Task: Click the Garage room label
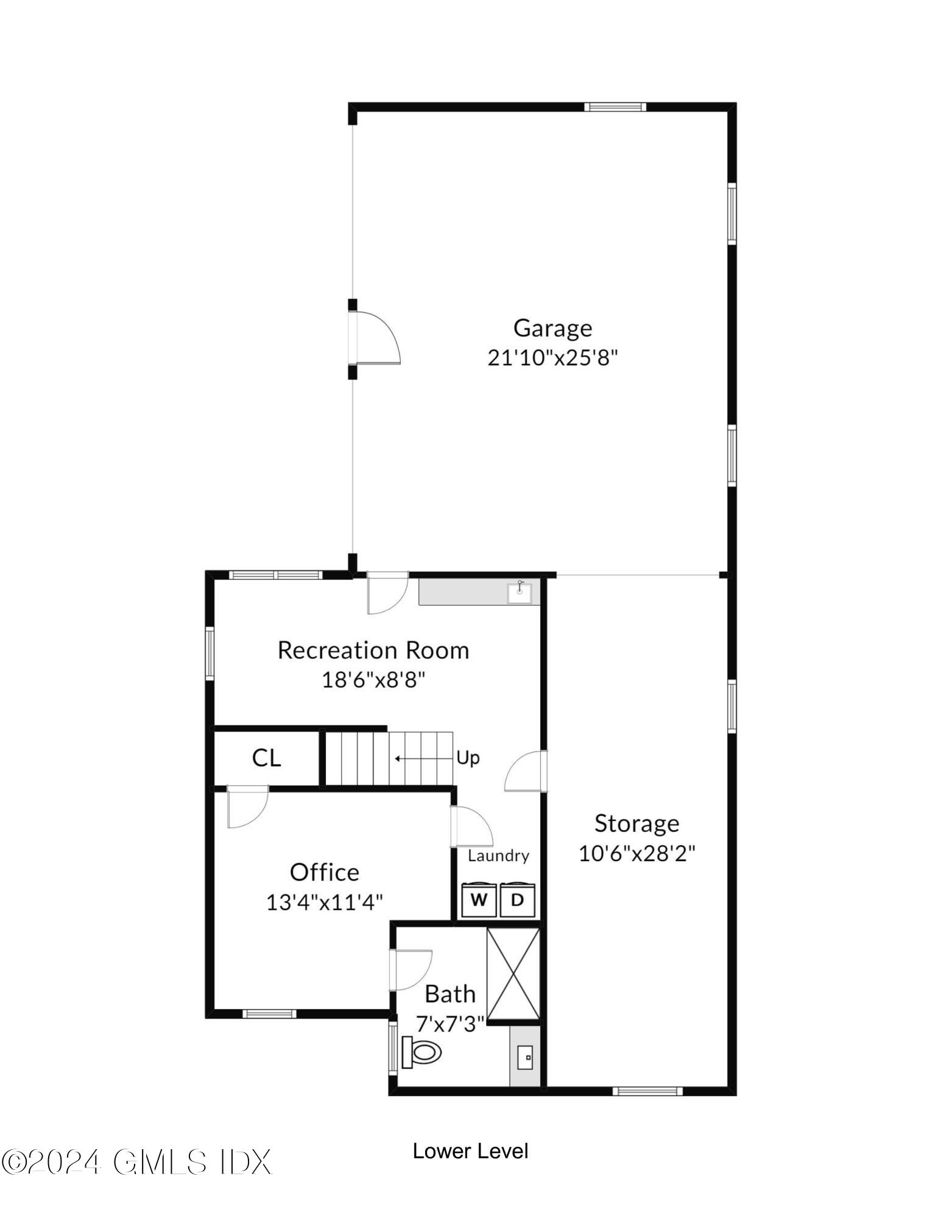(x=552, y=328)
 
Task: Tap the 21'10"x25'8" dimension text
(x=552, y=357)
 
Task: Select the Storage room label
(x=636, y=823)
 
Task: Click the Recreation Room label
(x=373, y=650)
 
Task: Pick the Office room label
(x=324, y=872)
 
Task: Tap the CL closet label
(x=266, y=758)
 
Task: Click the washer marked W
(x=479, y=900)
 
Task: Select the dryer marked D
(x=517, y=900)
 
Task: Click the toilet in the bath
(x=421, y=1052)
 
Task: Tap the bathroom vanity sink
(x=525, y=1057)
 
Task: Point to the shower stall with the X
(x=513, y=973)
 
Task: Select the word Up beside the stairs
(x=468, y=758)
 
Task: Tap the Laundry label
(x=498, y=856)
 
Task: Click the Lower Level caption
(x=470, y=1150)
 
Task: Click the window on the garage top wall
(x=615, y=107)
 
